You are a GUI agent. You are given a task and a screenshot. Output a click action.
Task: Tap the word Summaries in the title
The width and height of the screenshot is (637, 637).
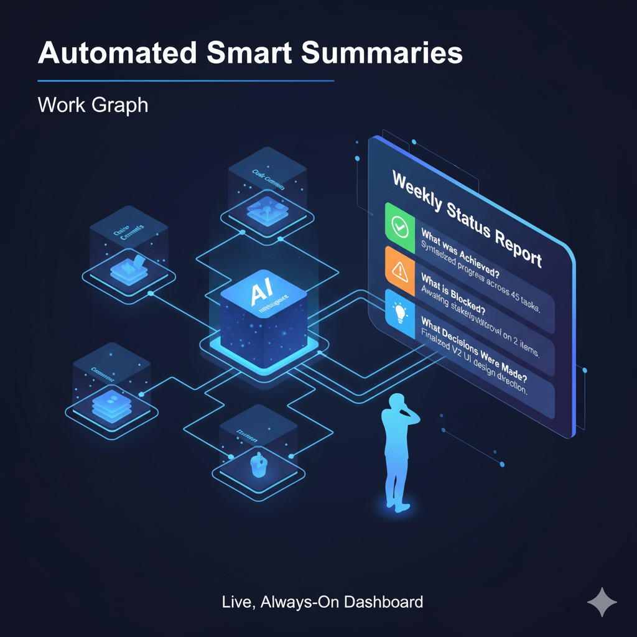point(382,53)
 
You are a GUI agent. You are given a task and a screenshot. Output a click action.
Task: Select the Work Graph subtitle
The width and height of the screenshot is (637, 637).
point(93,105)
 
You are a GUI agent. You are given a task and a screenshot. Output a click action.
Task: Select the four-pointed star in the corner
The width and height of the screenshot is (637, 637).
point(602,603)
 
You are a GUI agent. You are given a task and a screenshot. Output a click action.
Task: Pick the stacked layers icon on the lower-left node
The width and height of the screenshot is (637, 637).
point(109,402)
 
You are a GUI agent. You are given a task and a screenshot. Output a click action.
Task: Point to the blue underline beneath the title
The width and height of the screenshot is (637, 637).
point(185,81)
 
